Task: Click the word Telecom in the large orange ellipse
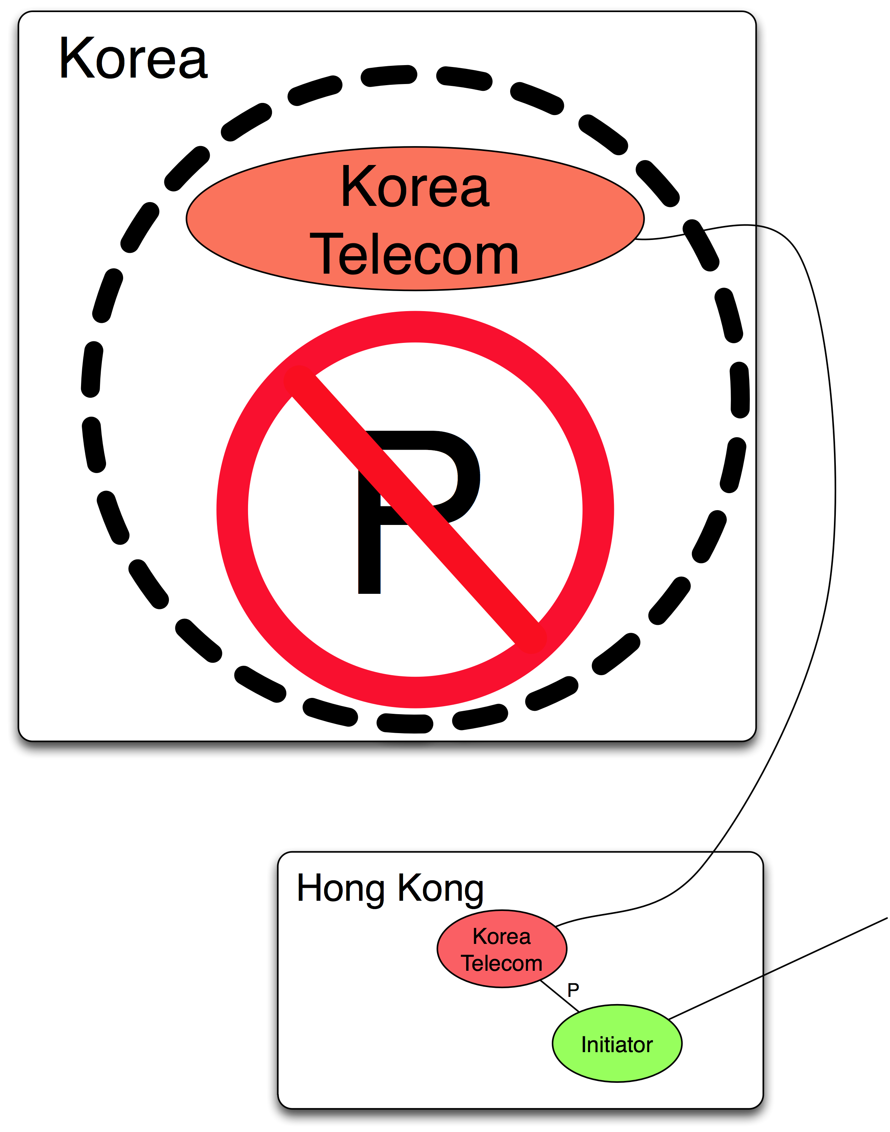pos(414,255)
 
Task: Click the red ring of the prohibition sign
pos(233,510)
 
